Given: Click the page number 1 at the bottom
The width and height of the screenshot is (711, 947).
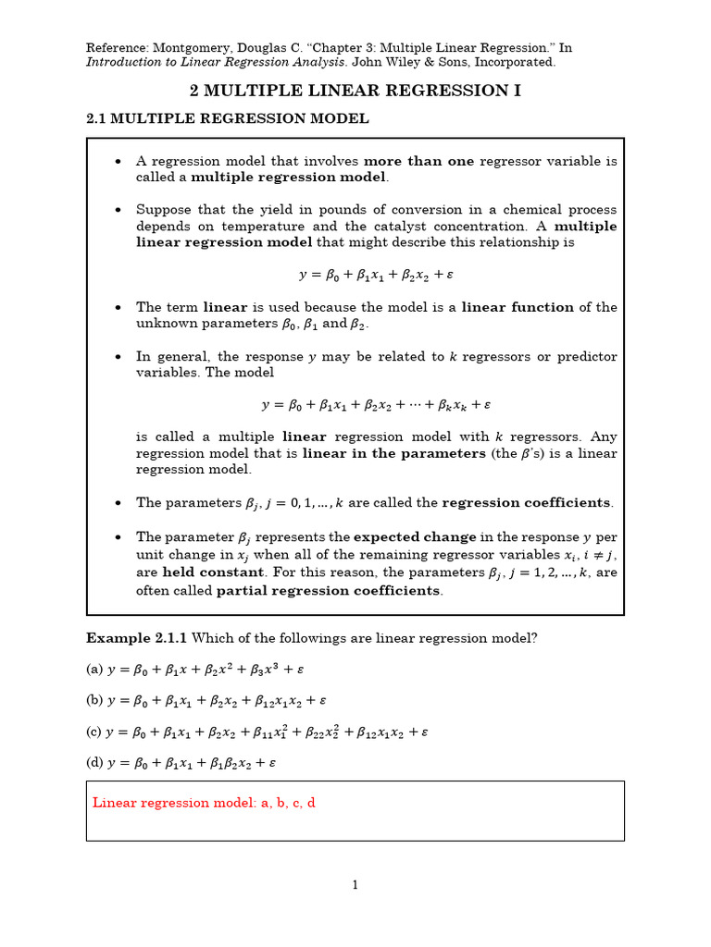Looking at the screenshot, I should tap(355, 885).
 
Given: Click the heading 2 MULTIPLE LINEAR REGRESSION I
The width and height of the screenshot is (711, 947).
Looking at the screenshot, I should tap(355, 90).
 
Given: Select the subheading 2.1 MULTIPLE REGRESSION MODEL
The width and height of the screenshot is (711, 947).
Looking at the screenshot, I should tap(227, 118).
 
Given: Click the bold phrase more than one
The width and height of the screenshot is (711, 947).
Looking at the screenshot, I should tap(418, 161).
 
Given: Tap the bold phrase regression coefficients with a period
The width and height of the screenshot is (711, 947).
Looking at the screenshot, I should tap(527, 503).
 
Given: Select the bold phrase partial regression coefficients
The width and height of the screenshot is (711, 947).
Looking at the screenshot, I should tap(329, 591).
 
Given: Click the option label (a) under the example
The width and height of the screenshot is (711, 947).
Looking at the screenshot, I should tap(94, 669).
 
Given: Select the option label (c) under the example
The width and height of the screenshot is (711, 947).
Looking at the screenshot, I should tap(94, 732).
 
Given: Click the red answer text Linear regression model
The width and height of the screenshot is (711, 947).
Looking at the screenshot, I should tap(204, 803).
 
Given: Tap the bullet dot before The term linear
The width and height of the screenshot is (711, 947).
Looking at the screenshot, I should tap(118, 307).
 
